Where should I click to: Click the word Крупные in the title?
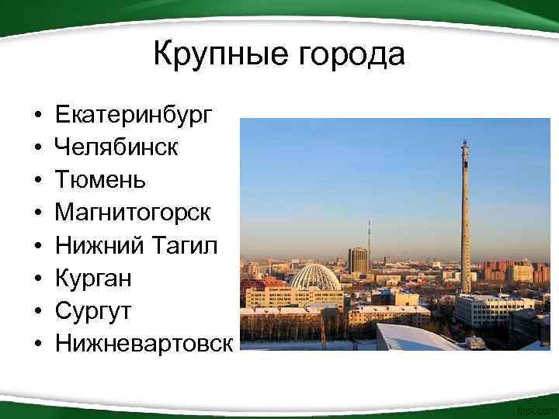point(220,55)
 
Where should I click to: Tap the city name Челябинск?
point(116,147)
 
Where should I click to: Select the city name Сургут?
point(93,310)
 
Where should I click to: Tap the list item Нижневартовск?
point(143,342)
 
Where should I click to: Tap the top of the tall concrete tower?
point(465,146)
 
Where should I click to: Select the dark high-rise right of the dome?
point(358,260)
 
